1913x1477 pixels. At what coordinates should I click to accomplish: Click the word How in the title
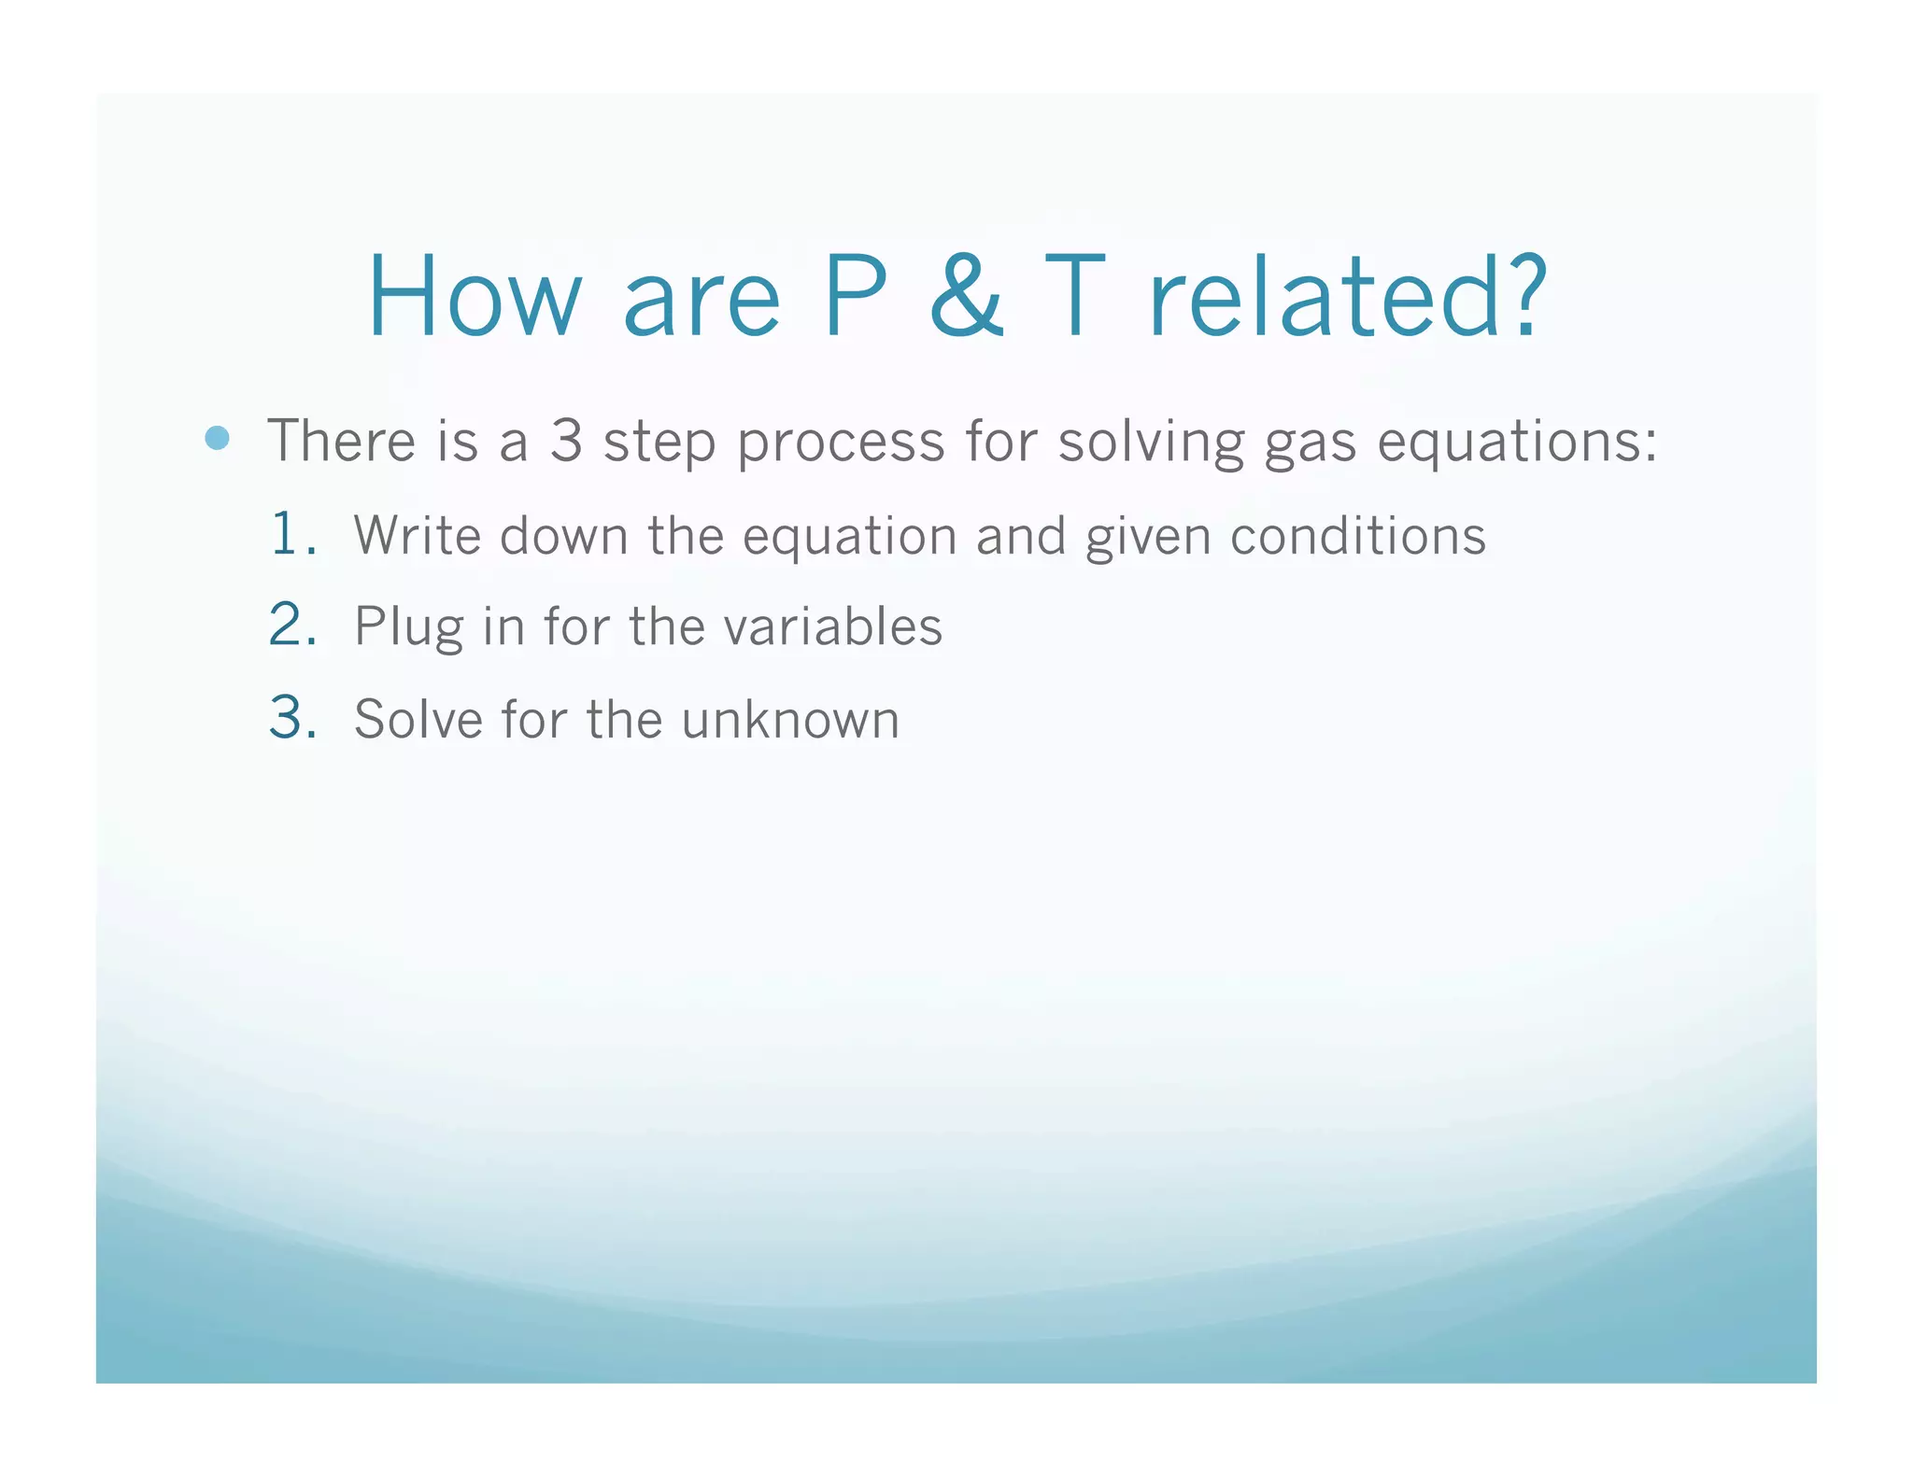(x=475, y=297)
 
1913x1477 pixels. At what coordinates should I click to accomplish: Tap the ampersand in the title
(x=966, y=297)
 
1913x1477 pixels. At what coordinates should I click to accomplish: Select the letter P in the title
(x=855, y=297)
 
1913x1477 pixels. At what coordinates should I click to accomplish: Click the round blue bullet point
(x=217, y=438)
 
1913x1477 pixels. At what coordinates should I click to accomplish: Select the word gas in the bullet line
(x=1310, y=443)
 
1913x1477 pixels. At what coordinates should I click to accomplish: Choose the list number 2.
(x=290, y=625)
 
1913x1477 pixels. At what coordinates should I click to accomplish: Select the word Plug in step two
(x=408, y=627)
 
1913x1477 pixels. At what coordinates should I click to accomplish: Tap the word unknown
(x=790, y=719)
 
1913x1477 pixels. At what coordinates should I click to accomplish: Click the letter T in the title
(x=1074, y=297)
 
